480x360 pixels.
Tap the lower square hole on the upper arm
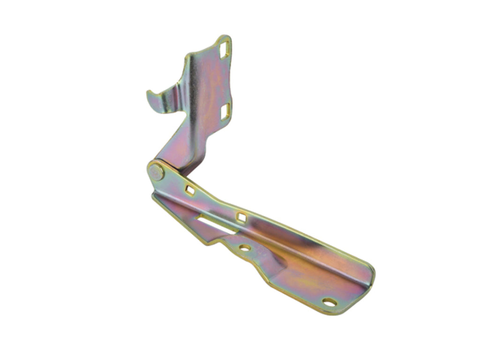click(225, 110)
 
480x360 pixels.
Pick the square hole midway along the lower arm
click(241, 217)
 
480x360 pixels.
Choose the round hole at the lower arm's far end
click(330, 302)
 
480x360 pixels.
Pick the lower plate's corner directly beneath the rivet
click(155, 197)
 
